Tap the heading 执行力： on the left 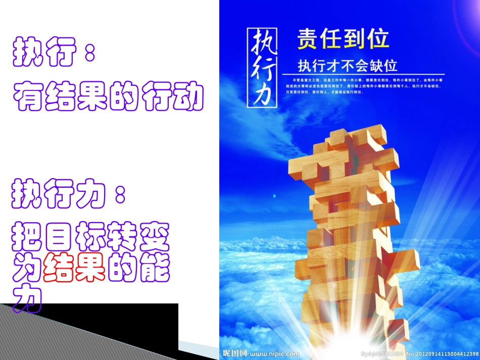pyautogui.click(x=69, y=194)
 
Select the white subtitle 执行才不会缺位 pyautogui.click(x=348, y=66)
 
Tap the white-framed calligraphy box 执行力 pyautogui.click(x=262, y=67)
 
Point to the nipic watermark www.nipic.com pyautogui.click(x=275, y=354)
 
